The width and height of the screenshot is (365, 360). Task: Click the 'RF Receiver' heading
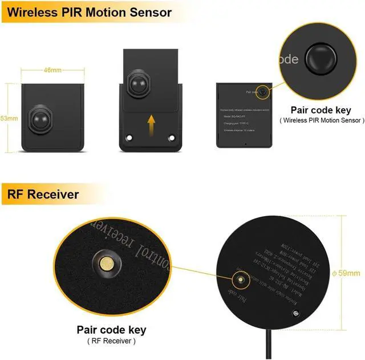point(43,195)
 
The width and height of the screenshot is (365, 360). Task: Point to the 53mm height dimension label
point(9,118)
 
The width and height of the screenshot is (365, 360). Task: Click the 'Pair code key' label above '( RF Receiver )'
point(111,330)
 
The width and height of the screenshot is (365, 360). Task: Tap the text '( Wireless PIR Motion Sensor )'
point(321,120)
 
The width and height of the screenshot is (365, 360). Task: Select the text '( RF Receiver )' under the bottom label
point(111,341)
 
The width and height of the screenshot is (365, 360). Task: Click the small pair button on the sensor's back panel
point(262,91)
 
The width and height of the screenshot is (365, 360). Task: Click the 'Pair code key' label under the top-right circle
point(321,110)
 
